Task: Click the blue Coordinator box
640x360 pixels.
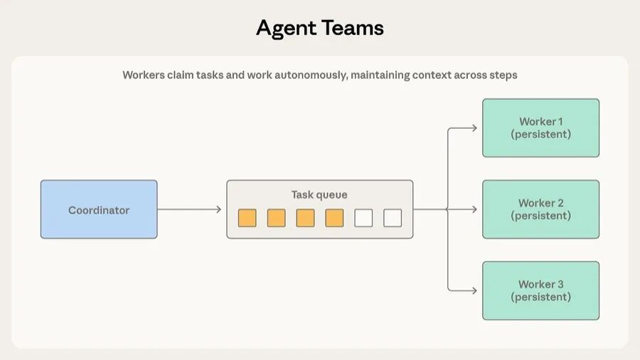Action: point(99,209)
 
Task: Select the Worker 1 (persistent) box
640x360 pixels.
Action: point(540,128)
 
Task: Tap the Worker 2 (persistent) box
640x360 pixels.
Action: point(540,209)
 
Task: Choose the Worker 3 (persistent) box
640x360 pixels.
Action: point(540,290)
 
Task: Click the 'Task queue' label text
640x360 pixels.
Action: point(319,194)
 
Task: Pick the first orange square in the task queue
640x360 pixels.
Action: point(247,218)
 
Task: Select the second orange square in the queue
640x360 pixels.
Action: point(276,218)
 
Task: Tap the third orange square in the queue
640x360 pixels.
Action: point(305,218)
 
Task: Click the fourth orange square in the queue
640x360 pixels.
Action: point(334,218)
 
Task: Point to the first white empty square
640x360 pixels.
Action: point(363,218)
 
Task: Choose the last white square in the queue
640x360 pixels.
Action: point(393,218)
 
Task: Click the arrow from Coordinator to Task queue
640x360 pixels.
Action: point(189,209)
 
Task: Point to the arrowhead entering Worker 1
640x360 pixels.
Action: point(474,128)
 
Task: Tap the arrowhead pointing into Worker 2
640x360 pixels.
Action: point(474,209)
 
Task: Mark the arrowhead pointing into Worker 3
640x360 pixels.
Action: point(474,290)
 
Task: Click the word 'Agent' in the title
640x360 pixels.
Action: point(286,28)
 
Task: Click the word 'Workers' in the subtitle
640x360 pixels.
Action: point(144,75)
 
